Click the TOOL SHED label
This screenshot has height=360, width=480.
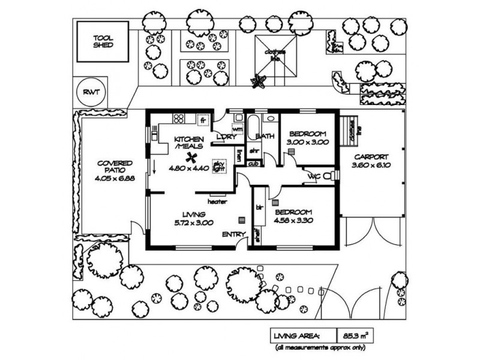(x=103, y=41)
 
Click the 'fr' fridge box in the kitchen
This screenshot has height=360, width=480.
(x=203, y=120)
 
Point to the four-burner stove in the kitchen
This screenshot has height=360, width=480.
(x=179, y=117)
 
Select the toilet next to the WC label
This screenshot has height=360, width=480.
(x=332, y=176)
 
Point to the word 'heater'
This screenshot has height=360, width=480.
(x=217, y=202)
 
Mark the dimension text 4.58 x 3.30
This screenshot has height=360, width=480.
(x=293, y=221)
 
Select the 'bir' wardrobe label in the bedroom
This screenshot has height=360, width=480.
(x=259, y=207)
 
